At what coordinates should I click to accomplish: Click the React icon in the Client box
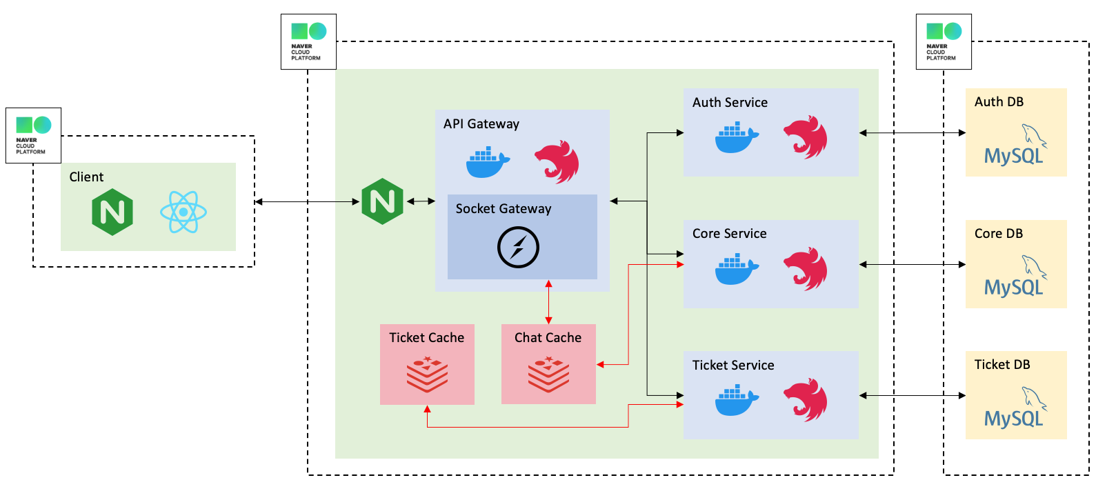(183, 212)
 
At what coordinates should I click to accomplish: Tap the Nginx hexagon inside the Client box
(112, 212)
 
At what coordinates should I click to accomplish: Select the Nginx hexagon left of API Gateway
(382, 201)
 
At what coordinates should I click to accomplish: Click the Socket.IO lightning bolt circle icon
(518, 248)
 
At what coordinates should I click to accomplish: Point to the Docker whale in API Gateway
(488, 163)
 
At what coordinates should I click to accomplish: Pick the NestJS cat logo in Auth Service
(805, 137)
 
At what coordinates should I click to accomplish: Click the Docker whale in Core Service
(737, 269)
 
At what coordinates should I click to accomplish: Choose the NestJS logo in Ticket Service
(805, 400)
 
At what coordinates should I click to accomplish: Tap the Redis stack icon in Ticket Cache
(427, 374)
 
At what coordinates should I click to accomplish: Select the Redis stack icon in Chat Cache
(548, 374)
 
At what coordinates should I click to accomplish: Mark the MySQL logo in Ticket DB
(1015, 408)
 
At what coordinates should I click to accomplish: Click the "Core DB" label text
(998, 234)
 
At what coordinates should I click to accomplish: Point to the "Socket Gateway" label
(504, 209)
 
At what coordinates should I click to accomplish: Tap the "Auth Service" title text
(730, 103)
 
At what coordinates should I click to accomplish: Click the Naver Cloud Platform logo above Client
(33, 135)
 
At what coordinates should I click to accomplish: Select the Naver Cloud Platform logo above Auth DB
(944, 41)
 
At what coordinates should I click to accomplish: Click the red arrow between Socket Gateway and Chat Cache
(548, 302)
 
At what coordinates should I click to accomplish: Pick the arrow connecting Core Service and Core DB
(912, 264)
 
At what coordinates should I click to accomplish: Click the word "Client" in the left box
(86, 177)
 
